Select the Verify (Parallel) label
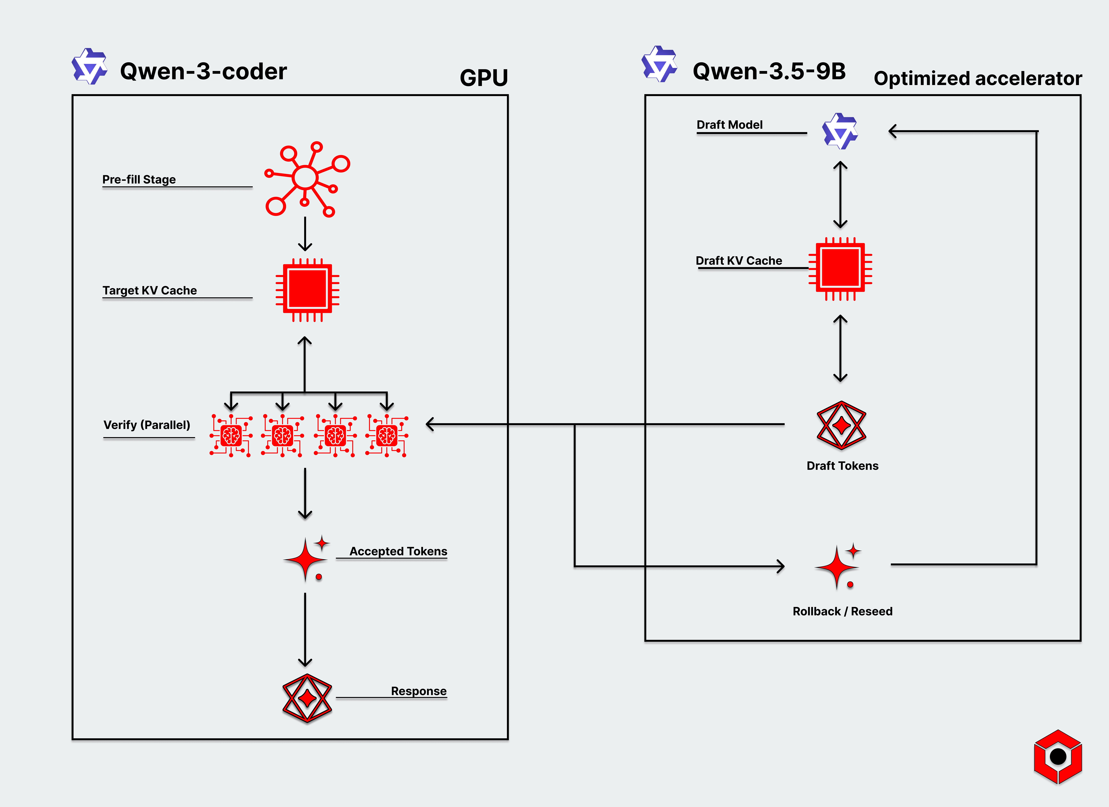tap(147, 425)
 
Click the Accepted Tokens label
tap(398, 551)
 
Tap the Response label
tap(419, 691)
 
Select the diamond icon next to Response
tap(307, 698)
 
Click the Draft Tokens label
tap(842, 466)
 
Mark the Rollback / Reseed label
tap(842, 611)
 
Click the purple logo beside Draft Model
tap(840, 131)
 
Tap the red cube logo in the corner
tap(1058, 756)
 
